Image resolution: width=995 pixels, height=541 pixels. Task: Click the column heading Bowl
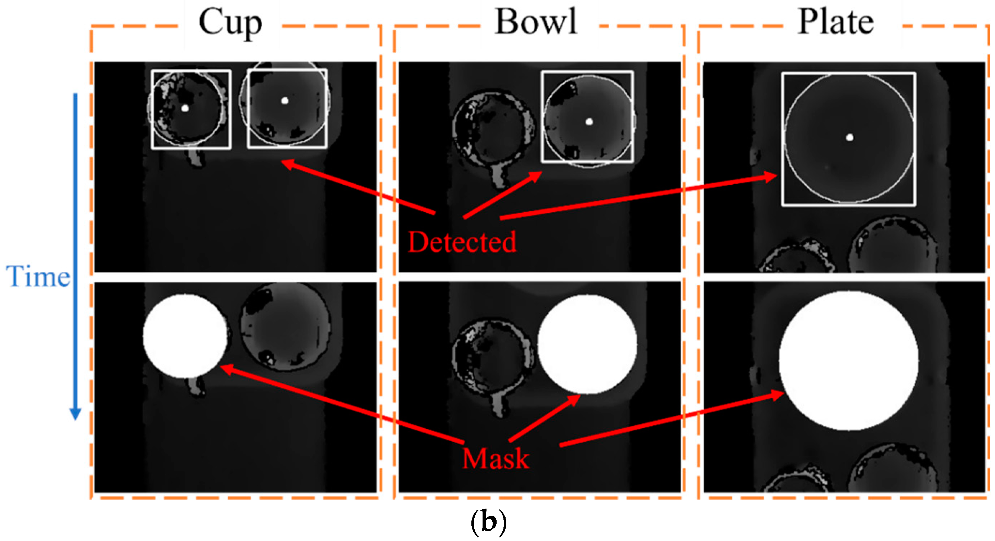tap(536, 22)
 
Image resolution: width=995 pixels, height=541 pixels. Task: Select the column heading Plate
tap(836, 22)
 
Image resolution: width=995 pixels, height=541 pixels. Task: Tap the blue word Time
tap(38, 277)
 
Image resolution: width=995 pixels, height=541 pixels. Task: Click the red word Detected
tap(462, 242)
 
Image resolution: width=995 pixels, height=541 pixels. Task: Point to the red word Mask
tap(496, 459)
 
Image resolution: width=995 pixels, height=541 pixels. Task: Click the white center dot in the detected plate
tap(850, 137)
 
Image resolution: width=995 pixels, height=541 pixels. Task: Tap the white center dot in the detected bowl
tap(589, 122)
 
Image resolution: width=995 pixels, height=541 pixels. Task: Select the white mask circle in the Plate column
tap(848, 361)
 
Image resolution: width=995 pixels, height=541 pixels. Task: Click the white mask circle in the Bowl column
tap(587, 344)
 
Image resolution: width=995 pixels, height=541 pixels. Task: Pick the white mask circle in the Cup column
tap(185, 336)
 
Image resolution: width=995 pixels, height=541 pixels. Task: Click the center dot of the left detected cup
tap(185, 108)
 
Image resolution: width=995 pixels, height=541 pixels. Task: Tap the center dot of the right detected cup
tap(285, 101)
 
